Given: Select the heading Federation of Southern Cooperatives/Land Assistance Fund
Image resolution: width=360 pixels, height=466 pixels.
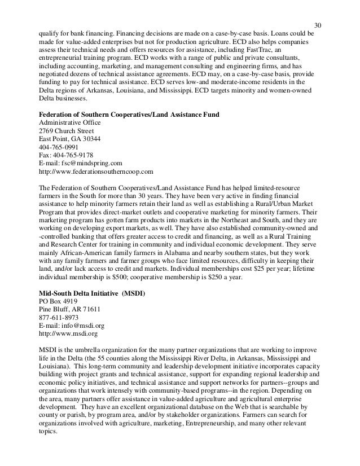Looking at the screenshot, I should click(x=129, y=116).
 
